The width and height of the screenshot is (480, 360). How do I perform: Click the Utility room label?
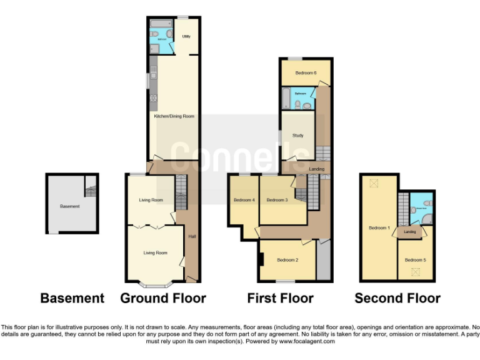186,37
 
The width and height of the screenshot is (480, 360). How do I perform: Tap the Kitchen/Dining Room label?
174,116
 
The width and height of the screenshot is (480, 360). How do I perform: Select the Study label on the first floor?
297,135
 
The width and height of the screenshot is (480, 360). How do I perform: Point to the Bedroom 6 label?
306,73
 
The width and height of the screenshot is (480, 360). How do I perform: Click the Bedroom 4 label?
244,200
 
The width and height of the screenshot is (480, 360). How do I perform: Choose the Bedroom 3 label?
277,200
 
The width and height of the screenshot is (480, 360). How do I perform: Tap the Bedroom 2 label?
287,260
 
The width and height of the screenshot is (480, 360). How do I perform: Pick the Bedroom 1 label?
379,228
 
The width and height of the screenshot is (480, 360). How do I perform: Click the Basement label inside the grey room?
69,206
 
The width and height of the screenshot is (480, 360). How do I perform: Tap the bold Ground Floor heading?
163,298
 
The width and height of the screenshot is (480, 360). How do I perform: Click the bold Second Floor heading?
397,298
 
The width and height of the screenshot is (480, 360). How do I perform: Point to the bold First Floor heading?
281,298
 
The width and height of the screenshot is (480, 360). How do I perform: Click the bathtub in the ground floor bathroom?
161,24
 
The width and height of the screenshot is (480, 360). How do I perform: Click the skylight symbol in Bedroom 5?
414,271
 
